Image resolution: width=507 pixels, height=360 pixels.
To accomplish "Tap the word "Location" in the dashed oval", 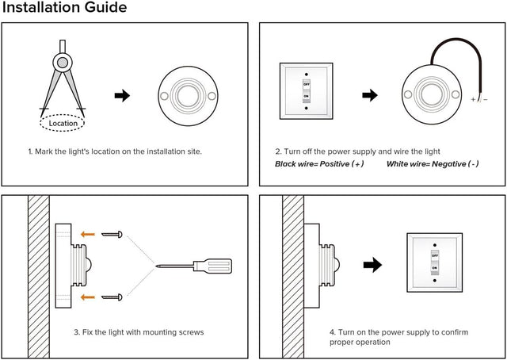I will click(x=63, y=123).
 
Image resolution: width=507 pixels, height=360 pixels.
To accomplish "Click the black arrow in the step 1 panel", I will click(x=122, y=95).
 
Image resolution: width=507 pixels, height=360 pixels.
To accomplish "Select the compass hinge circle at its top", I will click(x=63, y=60).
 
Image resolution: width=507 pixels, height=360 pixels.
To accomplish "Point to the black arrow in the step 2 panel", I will click(x=370, y=95).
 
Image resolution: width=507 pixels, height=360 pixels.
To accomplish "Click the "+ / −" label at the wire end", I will click(x=479, y=99).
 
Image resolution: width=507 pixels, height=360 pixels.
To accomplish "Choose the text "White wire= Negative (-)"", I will click(x=433, y=164).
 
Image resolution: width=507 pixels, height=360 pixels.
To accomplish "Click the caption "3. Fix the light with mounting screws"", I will click(x=138, y=332).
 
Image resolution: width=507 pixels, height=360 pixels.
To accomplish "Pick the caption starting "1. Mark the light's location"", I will click(x=115, y=151).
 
